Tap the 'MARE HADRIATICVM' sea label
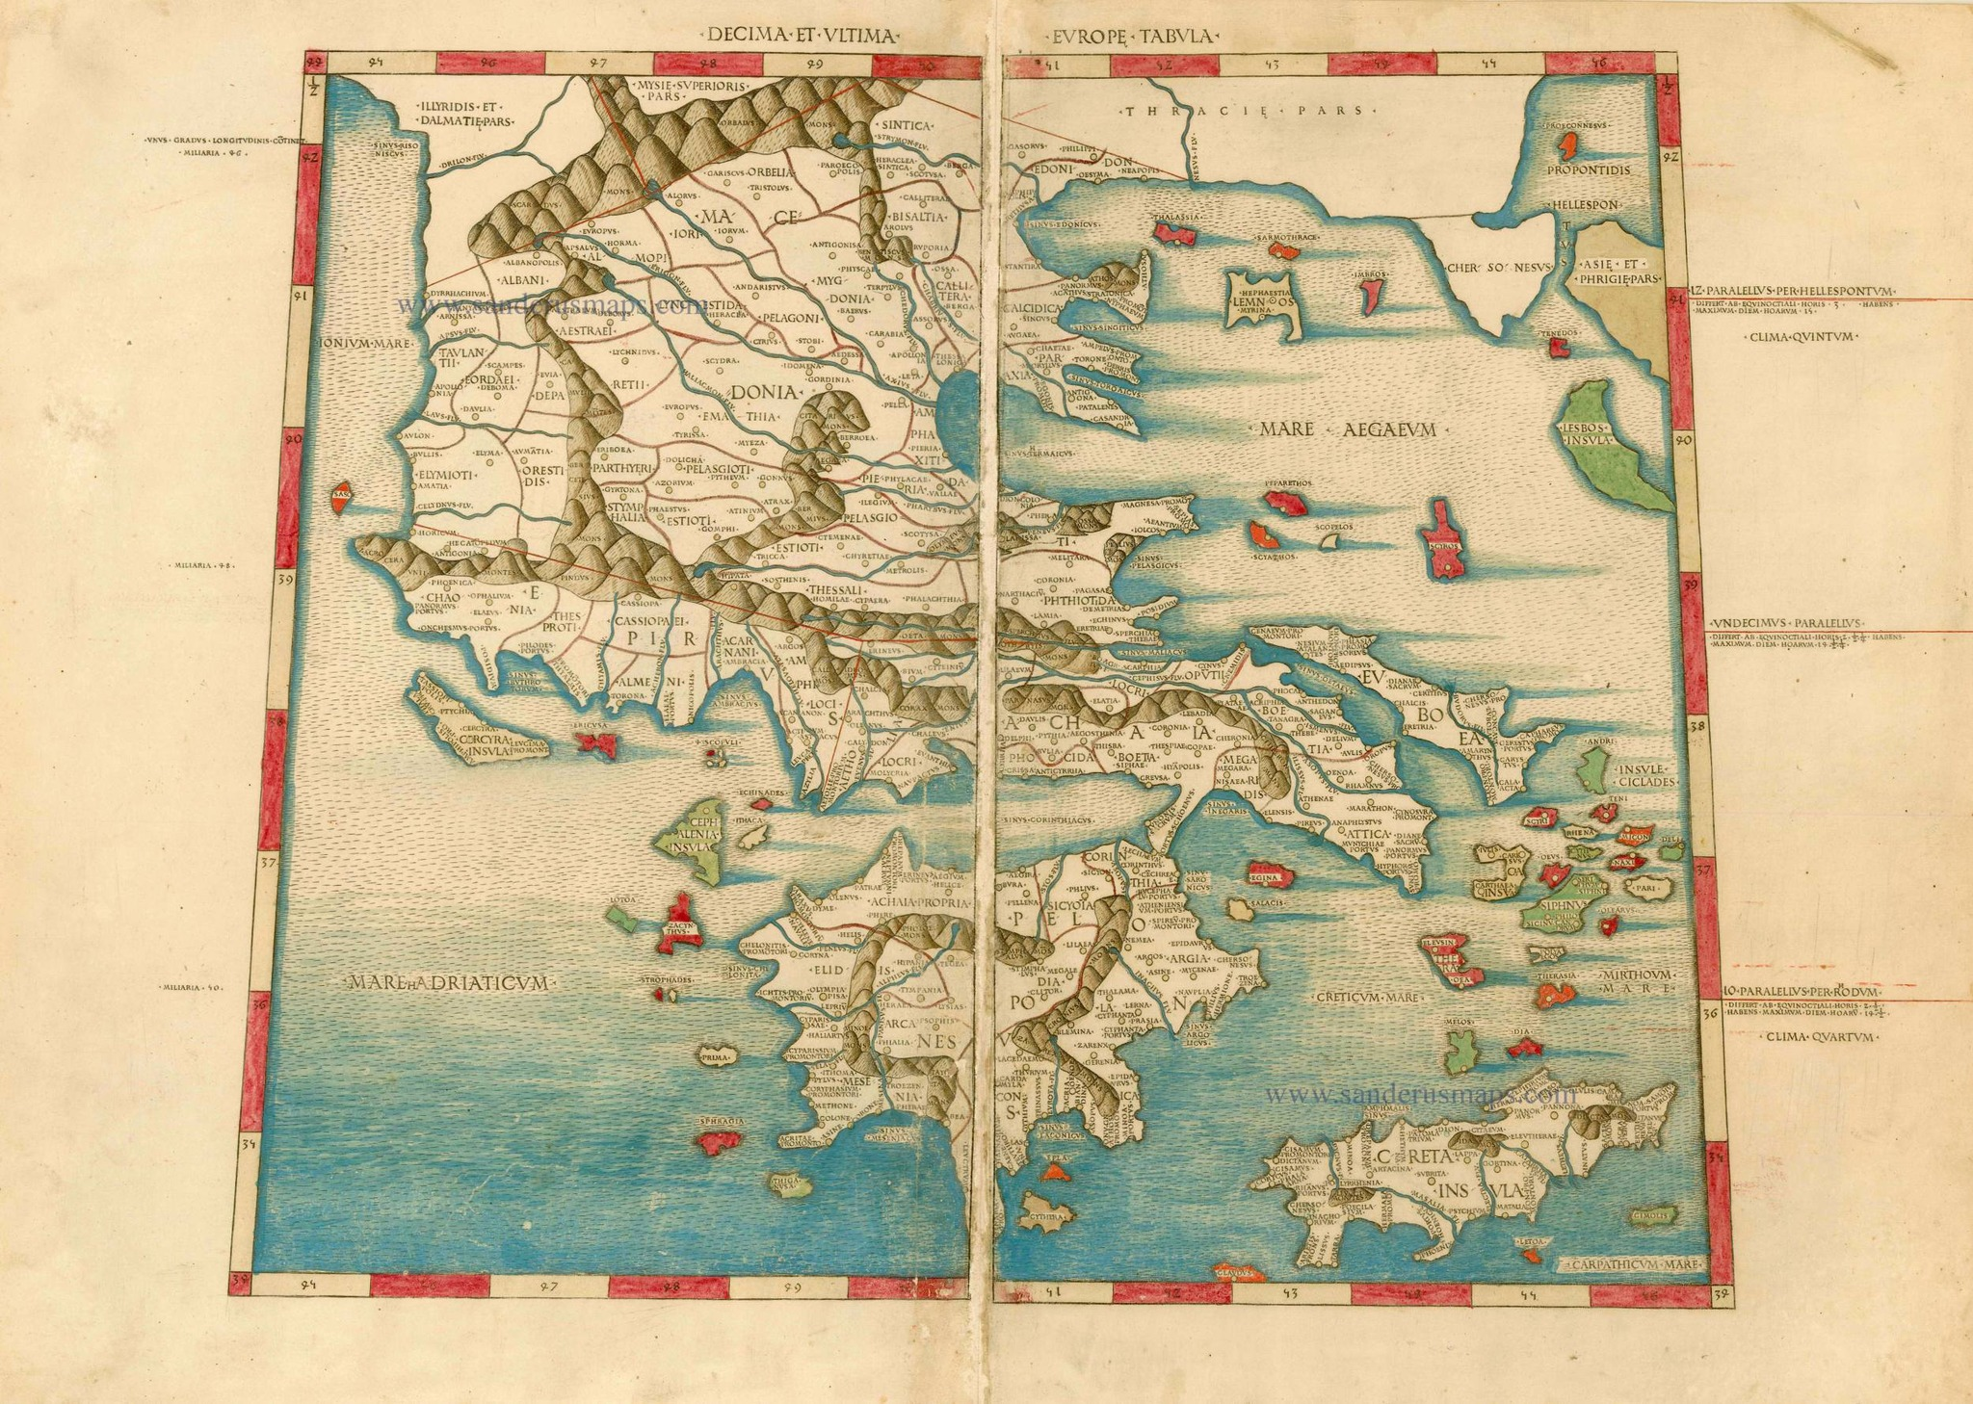point(450,983)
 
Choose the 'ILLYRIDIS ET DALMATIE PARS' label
point(465,115)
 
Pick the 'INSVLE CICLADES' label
point(1648,776)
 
